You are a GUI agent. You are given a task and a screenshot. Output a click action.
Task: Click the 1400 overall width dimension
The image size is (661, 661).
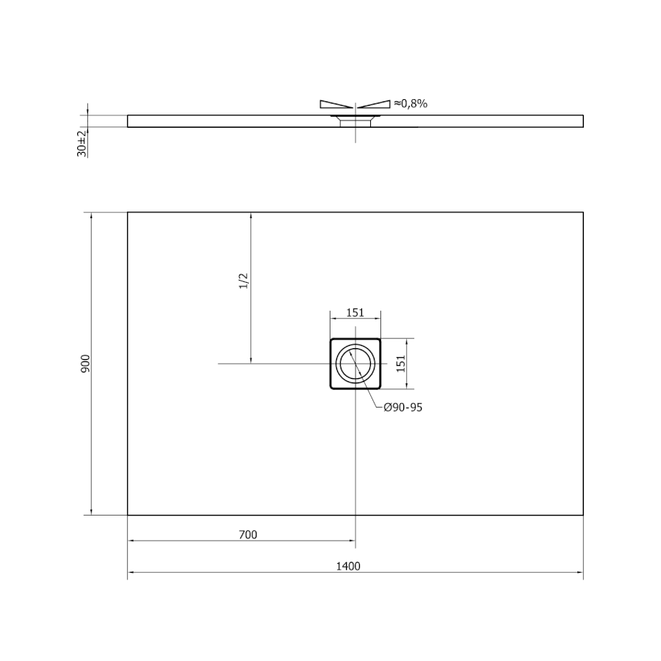(x=348, y=566)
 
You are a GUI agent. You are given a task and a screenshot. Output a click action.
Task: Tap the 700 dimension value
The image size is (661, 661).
(x=248, y=535)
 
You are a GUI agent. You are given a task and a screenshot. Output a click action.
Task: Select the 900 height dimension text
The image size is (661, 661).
(x=85, y=364)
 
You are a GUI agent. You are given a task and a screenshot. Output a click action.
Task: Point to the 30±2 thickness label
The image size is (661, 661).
(x=82, y=144)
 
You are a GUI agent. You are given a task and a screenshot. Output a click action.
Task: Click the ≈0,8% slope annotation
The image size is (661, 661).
(x=411, y=104)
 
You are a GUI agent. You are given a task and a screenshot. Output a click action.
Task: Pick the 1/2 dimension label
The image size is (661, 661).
(x=244, y=281)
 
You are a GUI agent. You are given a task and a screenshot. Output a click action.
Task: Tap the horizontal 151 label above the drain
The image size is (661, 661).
(x=355, y=312)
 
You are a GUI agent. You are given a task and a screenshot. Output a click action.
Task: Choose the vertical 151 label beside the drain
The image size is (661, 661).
(x=400, y=364)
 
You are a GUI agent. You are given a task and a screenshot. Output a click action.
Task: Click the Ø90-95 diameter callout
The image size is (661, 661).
(x=403, y=407)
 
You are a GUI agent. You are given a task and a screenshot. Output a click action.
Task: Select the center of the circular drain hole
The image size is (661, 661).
(x=355, y=364)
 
